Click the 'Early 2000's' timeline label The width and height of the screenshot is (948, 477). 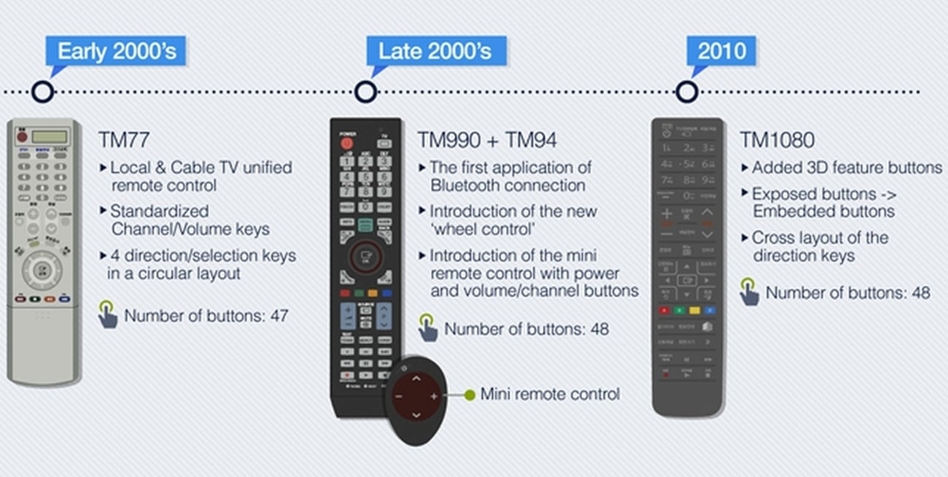coord(115,52)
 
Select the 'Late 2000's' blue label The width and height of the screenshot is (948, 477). coord(435,52)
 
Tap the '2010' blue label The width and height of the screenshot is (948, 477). coord(721,52)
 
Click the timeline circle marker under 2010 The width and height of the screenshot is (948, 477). coord(686,92)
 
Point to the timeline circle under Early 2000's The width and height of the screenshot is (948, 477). coord(43,92)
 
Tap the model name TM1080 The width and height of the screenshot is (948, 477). coord(777,139)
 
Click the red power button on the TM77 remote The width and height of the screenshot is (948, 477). coord(22,136)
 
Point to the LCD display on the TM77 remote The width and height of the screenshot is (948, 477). coord(49,136)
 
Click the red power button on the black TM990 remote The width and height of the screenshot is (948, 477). coord(346,143)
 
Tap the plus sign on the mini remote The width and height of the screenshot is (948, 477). coord(434,396)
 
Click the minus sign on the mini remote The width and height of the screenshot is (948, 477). coord(398,396)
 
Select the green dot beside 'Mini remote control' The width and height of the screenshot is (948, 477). coord(470,395)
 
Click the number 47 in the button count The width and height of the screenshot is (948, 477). coord(279,317)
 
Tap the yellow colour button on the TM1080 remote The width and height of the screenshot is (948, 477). coord(694,311)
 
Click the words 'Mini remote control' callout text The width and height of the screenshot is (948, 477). coord(550,395)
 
